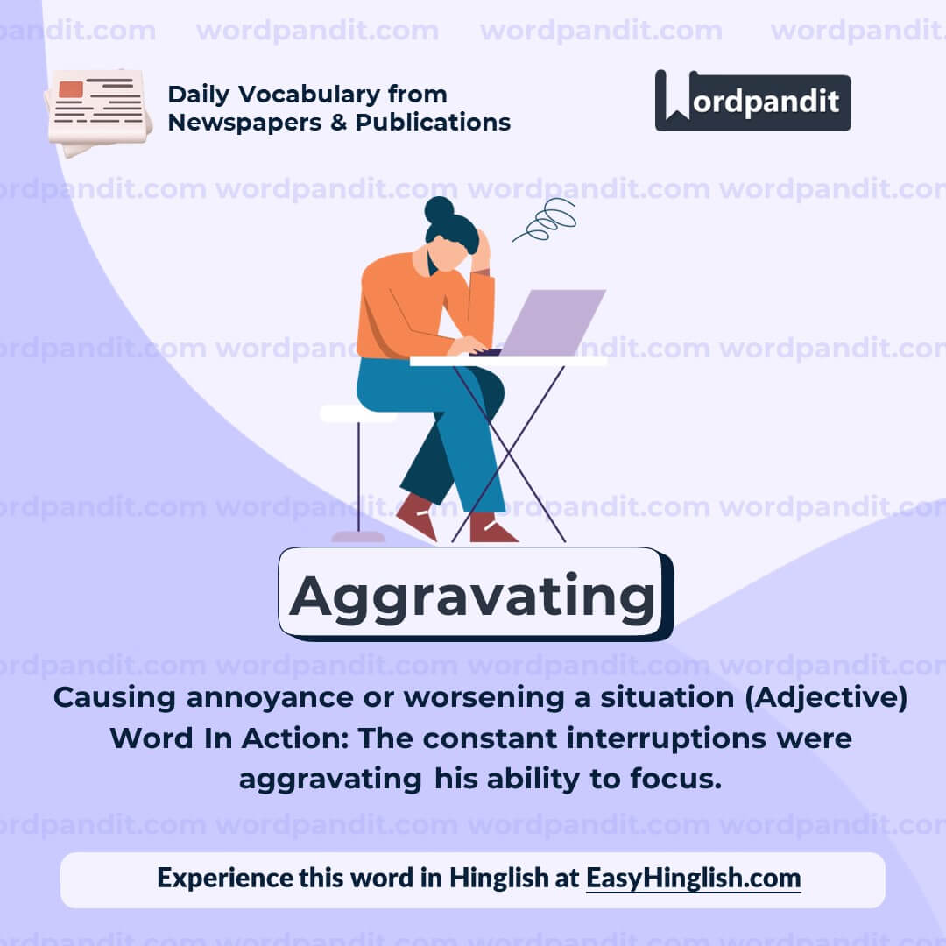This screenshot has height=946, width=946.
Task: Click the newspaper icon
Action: click(x=98, y=112)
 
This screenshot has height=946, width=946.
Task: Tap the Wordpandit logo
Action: click(x=752, y=101)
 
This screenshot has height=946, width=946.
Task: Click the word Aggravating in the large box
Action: click(x=473, y=596)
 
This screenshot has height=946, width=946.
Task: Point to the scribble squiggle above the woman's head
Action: click(x=547, y=219)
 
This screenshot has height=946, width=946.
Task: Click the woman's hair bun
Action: click(x=439, y=210)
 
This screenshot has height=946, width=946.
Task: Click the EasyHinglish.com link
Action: click(x=693, y=878)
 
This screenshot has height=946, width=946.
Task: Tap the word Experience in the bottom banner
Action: click(x=224, y=878)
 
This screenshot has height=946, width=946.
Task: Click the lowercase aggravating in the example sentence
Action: click(x=330, y=779)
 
